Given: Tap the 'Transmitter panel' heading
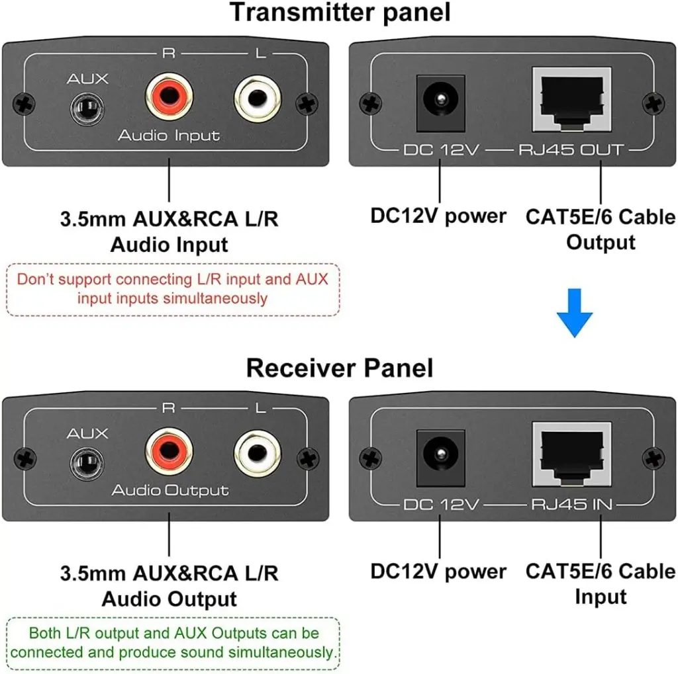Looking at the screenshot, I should coord(340,13).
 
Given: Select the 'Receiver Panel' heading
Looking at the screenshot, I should coord(340,368).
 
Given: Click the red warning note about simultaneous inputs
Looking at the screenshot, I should coord(173,289).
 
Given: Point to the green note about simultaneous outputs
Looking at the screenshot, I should coord(173,643).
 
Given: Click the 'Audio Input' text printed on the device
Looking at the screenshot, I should coord(169,136).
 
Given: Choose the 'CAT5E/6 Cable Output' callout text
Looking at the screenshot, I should coord(601,229).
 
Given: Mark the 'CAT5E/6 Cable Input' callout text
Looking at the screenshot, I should coord(601,583).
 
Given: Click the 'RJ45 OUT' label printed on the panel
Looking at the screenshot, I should coord(570,150).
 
